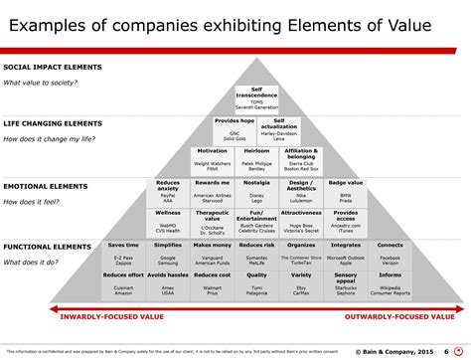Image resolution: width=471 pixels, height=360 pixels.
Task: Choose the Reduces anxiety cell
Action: [x=168, y=192]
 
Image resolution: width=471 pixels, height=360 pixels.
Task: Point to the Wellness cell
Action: [x=168, y=222]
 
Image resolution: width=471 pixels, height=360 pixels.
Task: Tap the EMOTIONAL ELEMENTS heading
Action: [x=46, y=185]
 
